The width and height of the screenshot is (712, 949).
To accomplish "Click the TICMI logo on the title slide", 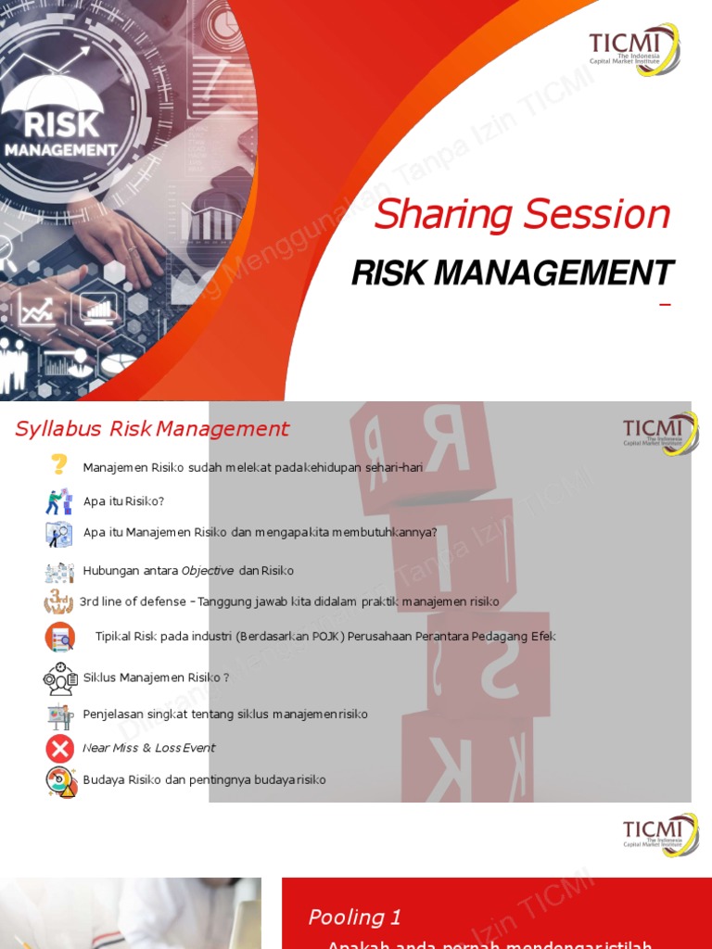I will (x=634, y=48).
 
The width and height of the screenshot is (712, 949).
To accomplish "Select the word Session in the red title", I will (x=597, y=215).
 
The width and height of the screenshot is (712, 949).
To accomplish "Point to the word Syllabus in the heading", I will (x=58, y=429).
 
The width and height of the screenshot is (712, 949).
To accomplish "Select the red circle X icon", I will (x=59, y=749).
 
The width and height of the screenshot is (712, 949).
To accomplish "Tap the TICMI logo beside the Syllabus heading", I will (x=659, y=432).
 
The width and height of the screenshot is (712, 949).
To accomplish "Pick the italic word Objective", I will (x=208, y=571).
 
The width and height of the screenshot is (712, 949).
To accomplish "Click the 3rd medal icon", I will (x=58, y=601).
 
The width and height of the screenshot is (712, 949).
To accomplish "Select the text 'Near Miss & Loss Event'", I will (x=148, y=748).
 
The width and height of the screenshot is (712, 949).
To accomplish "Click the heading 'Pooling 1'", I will (x=355, y=917).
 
